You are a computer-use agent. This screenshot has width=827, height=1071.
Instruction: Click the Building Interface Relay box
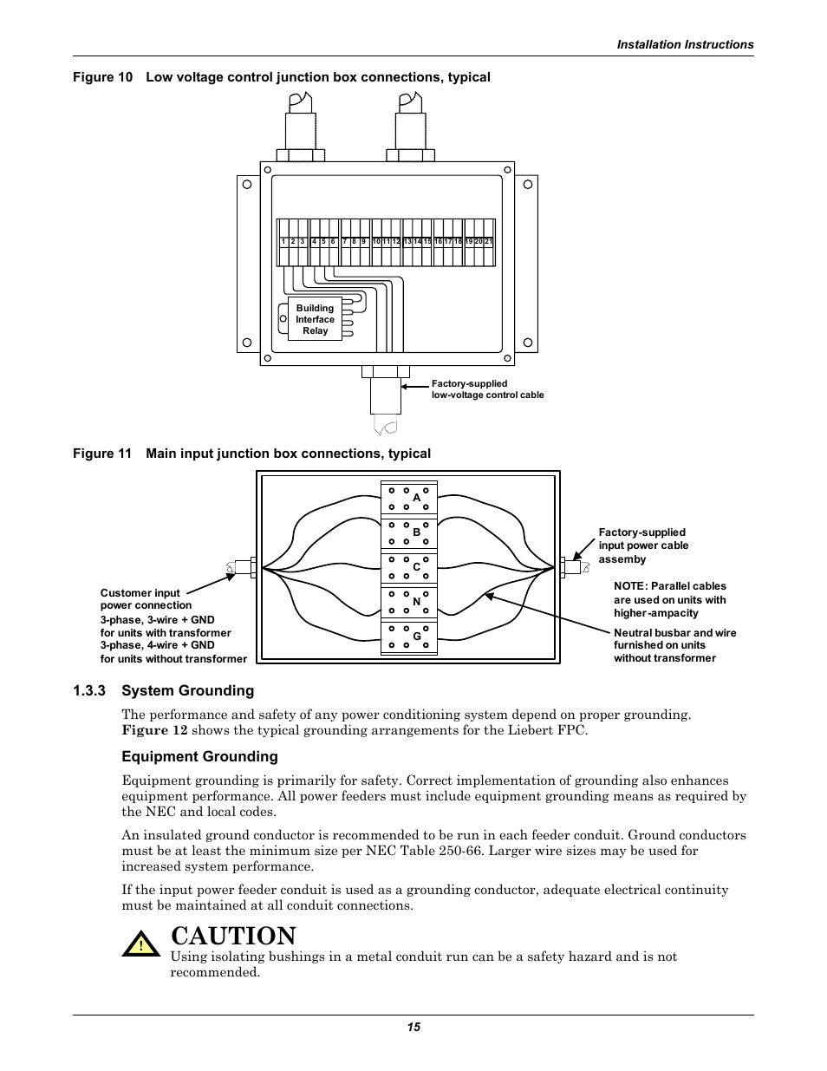(315, 319)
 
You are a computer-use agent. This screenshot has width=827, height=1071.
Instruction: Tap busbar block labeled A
(409, 498)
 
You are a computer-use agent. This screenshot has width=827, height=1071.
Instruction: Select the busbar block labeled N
(409, 601)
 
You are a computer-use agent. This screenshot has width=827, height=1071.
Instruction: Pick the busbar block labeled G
(409, 637)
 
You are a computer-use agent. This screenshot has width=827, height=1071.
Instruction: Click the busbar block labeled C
(409, 567)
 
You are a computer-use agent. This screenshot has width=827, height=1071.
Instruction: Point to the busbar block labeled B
(409, 532)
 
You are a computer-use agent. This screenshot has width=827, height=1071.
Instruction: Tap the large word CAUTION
(234, 936)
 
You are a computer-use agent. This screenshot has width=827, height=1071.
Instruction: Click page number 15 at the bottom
(413, 1027)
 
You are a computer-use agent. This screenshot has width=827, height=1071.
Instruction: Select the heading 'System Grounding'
(187, 690)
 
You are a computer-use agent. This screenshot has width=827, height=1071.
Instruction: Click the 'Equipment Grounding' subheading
(199, 756)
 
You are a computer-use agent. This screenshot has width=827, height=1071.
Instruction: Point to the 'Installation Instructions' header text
(685, 44)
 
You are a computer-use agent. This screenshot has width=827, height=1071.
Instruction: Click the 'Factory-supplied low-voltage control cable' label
(487, 389)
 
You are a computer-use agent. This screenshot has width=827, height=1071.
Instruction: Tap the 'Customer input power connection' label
(146, 599)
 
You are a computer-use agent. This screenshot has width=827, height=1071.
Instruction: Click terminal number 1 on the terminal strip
(283, 242)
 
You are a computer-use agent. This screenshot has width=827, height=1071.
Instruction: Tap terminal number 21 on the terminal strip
(489, 242)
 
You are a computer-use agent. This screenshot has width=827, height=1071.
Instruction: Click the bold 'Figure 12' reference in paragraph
(154, 730)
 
